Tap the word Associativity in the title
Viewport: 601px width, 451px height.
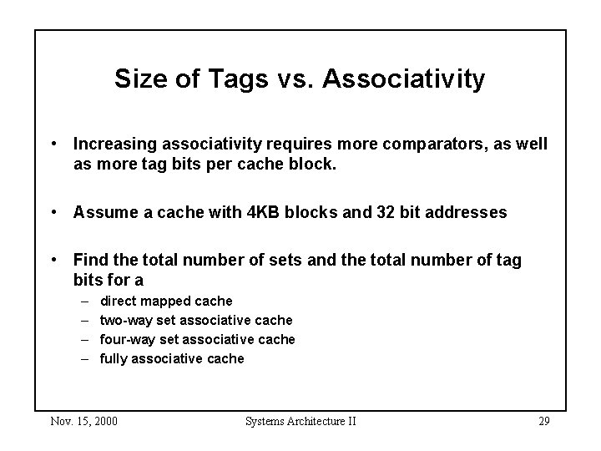point(404,79)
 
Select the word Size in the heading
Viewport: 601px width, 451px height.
point(138,79)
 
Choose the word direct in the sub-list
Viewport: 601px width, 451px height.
point(118,301)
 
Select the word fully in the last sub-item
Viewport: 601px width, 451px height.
point(114,358)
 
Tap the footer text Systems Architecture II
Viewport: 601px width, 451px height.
point(300,421)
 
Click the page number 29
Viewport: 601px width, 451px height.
point(543,421)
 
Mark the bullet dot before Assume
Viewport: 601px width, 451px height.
point(54,212)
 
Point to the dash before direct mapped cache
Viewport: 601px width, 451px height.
point(85,301)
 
